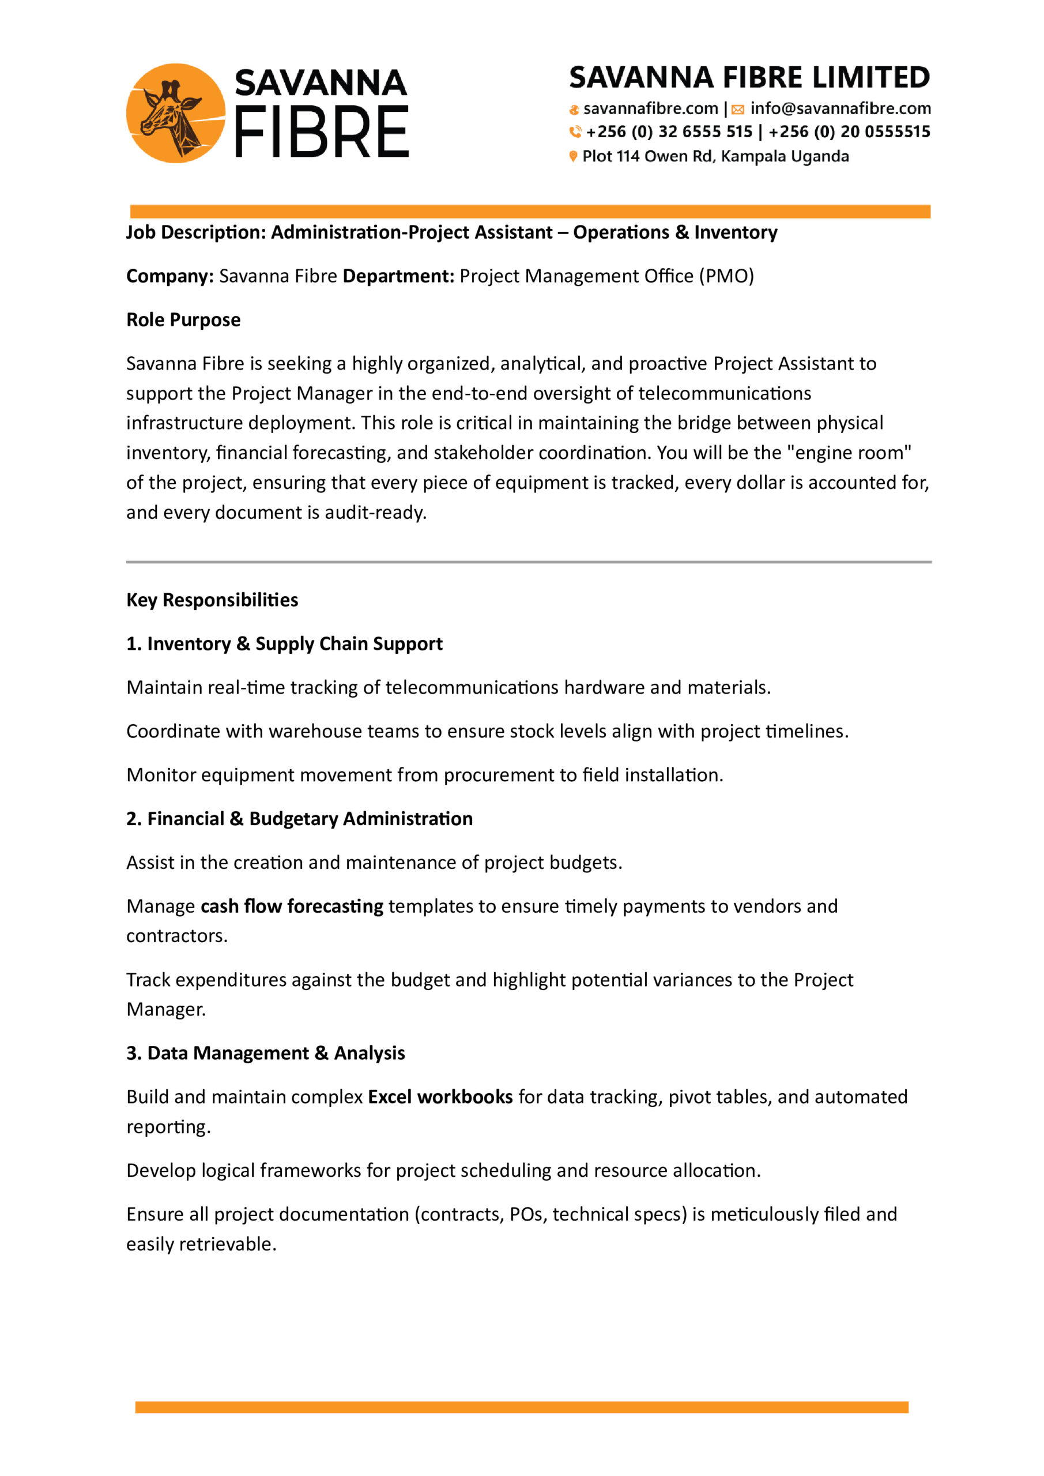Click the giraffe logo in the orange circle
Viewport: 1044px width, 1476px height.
[x=175, y=113]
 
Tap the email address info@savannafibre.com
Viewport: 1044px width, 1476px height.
[x=840, y=108]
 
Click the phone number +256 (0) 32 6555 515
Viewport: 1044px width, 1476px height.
[x=669, y=132]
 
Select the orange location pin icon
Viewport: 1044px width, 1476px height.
[x=573, y=156]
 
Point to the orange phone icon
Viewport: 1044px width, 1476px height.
[x=575, y=132]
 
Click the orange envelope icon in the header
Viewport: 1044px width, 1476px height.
[x=738, y=110]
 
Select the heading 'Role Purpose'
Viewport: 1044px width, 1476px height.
[x=183, y=319]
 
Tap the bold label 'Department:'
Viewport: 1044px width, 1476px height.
[x=398, y=276]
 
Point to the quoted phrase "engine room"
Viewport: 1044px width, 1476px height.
[x=849, y=453]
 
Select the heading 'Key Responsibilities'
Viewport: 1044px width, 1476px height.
[x=212, y=600]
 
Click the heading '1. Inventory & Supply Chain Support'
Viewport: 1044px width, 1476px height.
[x=284, y=643]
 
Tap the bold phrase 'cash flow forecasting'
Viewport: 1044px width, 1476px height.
[x=292, y=906]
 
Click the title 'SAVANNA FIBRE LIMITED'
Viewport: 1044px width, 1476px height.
[x=749, y=77]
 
